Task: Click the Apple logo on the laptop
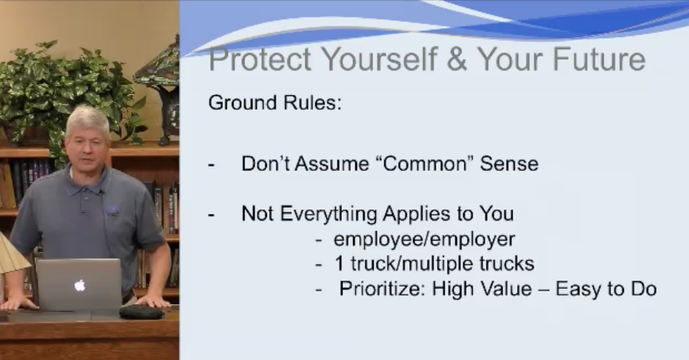coord(79,286)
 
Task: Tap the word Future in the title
coord(599,59)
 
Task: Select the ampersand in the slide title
coord(457,59)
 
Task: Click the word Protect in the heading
coord(260,59)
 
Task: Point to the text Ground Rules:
coord(275,102)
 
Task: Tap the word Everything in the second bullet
coord(329,214)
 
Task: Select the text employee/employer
coord(424,240)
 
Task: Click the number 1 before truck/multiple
coord(339,264)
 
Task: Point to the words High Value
coord(482,289)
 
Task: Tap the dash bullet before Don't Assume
coord(211,165)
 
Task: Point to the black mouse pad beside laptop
coord(142,312)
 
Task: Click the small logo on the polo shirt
coord(113,210)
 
